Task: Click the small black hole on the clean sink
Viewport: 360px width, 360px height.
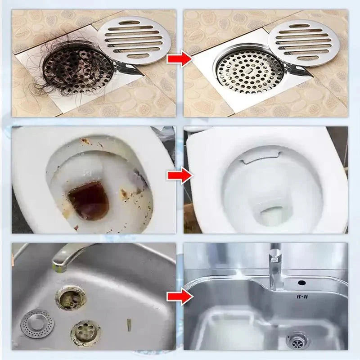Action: pos(301,283)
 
